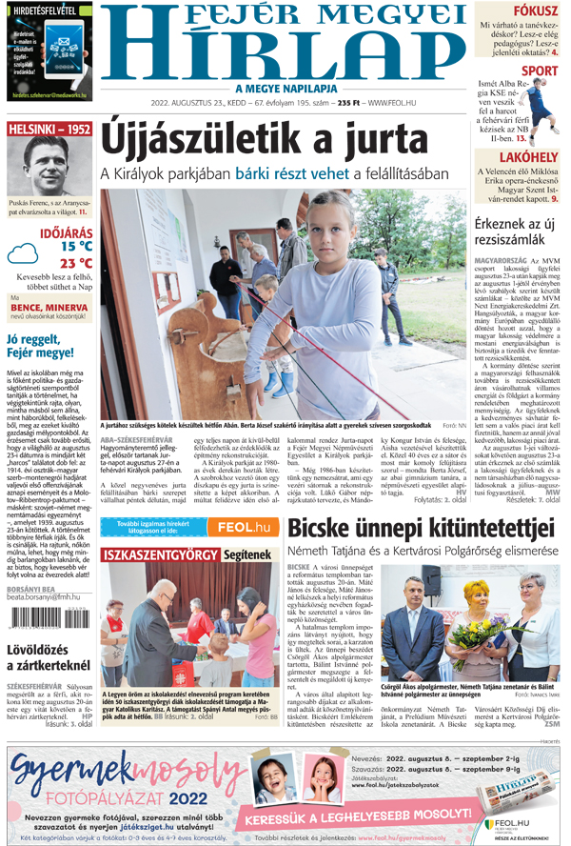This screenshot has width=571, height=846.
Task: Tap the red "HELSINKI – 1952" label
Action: pyautogui.click(x=49, y=129)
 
